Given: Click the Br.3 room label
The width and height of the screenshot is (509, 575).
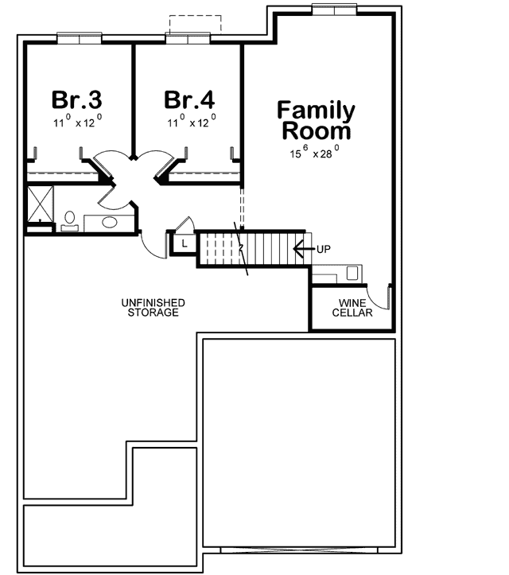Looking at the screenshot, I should [x=77, y=100].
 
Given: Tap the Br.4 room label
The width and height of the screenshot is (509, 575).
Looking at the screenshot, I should [x=189, y=100].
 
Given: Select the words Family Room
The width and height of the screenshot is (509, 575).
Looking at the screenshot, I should [x=315, y=119].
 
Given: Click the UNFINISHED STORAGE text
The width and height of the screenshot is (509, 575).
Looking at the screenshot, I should [x=153, y=308].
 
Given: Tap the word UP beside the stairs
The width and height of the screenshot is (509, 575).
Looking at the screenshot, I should [x=323, y=249].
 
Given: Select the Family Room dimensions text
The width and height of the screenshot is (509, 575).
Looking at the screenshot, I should [x=315, y=151].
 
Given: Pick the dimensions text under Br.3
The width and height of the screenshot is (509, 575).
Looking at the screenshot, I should [x=77, y=122].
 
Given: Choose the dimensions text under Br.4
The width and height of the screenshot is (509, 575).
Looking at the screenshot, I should [x=189, y=122].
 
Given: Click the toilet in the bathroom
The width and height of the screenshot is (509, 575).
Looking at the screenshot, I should [x=69, y=219].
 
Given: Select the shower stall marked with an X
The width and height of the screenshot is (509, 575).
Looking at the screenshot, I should [x=39, y=203].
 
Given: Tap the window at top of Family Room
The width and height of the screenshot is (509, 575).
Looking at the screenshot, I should [x=333, y=9].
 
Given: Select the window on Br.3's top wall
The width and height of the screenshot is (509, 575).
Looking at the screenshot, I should [x=79, y=37].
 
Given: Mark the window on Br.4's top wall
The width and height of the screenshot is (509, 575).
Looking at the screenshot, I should [x=188, y=37].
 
